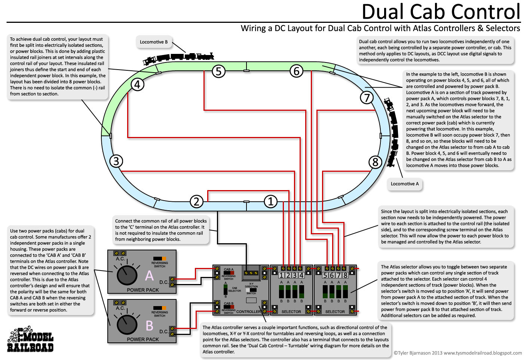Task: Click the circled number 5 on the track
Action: pos(218,71)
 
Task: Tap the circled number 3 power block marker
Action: pos(116,161)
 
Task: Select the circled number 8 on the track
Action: pos(375,162)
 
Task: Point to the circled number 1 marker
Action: pos(270,202)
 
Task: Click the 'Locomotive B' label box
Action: pos(154,42)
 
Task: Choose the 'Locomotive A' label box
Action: pos(405,184)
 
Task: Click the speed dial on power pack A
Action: pos(127,275)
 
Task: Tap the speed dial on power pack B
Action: pos(127,325)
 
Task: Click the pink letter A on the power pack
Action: pos(149,276)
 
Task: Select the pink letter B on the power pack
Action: pos(149,326)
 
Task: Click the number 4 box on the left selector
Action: pos(301,275)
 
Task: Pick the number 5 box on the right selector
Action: pos(325,275)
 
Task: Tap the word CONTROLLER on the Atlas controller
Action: pos(249,311)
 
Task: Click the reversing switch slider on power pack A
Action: pos(159,259)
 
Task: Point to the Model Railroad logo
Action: pos(30,339)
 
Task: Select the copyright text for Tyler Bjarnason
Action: pos(457,353)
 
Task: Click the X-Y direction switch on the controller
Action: pos(251,290)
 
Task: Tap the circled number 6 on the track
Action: pos(296,71)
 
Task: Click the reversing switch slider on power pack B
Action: pos(159,308)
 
